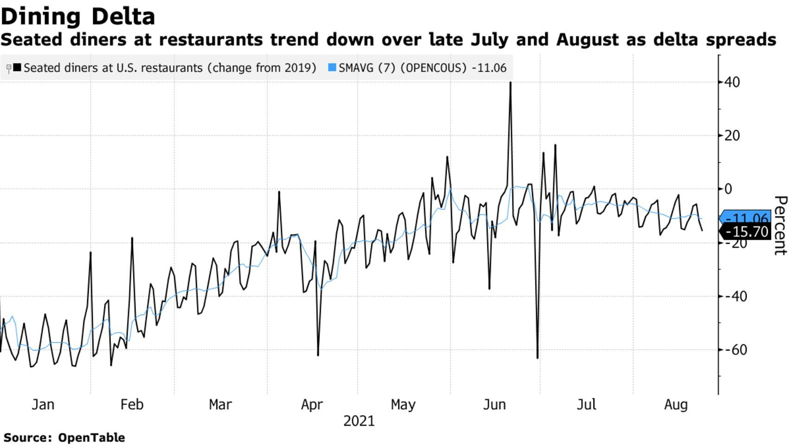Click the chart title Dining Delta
click(x=78, y=17)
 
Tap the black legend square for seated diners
click(x=17, y=68)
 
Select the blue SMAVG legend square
click(x=332, y=68)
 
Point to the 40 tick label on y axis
click(x=732, y=82)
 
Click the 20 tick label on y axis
click(x=732, y=136)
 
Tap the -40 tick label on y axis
click(x=735, y=296)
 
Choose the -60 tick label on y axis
click(x=735, y=349)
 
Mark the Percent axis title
click(x=780, y=225)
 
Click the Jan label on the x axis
click(x=43, y=405)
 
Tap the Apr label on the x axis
click(x=312, y=405)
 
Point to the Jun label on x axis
click(x=495, y=405)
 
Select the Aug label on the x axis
click(x=676, y=405)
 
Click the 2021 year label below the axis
click(x=359, y=421)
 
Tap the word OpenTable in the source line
click(x=91, y=438)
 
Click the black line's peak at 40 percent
click(x=510, y=83)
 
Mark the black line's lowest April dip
click(x=318, y=355)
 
